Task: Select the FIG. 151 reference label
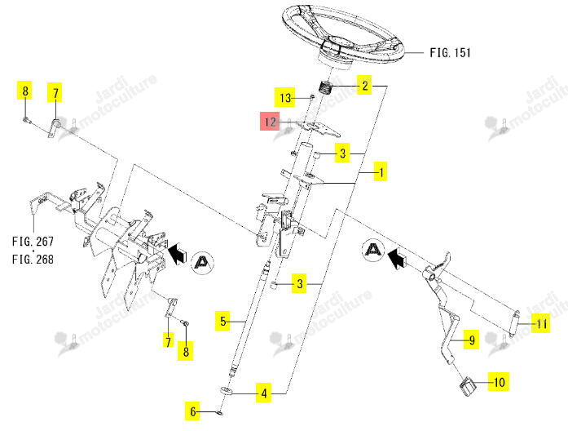pos(451,53)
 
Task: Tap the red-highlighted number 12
pos(270,122)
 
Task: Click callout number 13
pos(285,98)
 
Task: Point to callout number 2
pos(364,86)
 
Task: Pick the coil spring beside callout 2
pos(327,87)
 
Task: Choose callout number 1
pos(381,171)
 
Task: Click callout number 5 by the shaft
pos(222,321)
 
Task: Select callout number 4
pos(264,393)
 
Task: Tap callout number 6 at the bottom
pos(192,411)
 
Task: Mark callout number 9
pos(472,340)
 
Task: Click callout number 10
pos(499,382)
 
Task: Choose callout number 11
pos(541,323)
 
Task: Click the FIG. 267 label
pos(33,242)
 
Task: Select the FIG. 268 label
pos(33,260)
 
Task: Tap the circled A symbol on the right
pos(373,250)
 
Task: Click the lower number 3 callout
pos(300,283)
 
